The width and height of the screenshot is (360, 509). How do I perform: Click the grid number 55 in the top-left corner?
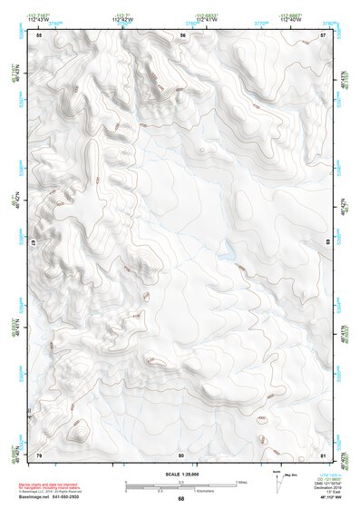(x=39, y=34)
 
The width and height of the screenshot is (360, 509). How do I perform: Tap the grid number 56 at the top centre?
(x=182, y=34)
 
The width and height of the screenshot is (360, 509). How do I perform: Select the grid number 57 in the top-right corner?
(x=324, y=34)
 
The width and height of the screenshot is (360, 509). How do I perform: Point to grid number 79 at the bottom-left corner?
(x=39, y=454)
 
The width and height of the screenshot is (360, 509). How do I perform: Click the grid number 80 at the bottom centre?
(x=181, y=454)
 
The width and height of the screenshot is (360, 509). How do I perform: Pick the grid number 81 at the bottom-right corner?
(x=324, y=454)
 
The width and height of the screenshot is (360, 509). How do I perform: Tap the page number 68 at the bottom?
(x=180, y=499)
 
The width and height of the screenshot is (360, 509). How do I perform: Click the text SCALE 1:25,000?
(x=180, y=474)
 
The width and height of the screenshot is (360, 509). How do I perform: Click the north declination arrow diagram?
(x=277, y=483)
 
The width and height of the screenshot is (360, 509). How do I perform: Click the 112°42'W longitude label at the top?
(x=120, y=19)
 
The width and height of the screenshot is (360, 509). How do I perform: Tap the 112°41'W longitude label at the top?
(x=208, y=19)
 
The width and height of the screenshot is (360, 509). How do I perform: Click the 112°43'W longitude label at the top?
(x=36, y=19)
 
